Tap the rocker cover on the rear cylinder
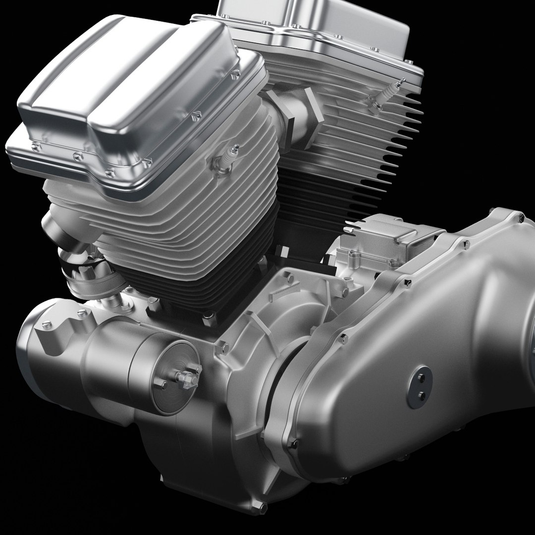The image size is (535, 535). click(317, 25)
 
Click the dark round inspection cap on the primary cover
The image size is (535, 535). click(420, 387)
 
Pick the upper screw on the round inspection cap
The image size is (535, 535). click(421, 378)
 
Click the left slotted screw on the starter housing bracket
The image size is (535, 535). click(47, 324)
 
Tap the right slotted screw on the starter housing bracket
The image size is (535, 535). click(82, 313)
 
